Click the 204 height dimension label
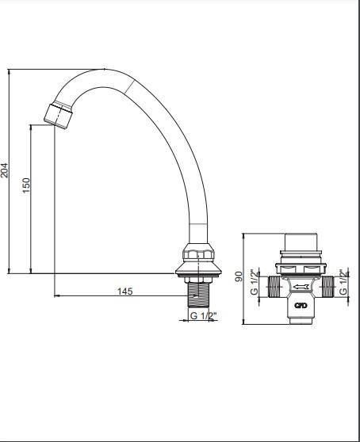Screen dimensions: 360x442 (5, 170)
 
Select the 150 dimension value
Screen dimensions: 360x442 (26, 185)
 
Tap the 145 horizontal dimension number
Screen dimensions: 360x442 (125, 291)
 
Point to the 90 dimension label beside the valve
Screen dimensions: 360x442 (239, 276)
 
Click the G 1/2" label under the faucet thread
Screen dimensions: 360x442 (203, 316)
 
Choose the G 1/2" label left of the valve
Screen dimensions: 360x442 (255, 282)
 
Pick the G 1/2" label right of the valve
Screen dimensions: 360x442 (343, 282)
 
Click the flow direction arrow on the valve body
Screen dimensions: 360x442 (301, 288)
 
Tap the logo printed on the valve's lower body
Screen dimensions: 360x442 (301, 305)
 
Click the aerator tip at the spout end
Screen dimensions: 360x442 (59, 116)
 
